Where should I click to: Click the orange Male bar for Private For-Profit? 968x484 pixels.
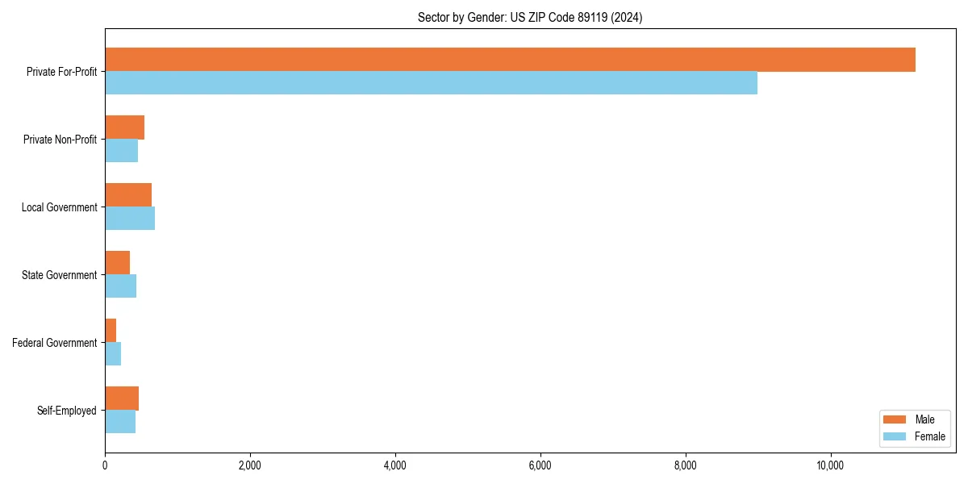(x=510, y=60)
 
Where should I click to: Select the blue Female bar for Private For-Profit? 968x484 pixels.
(x=431, y=83)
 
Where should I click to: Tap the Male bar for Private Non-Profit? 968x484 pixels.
(x=124, y=127)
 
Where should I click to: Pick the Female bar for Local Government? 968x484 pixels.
(x=130, y=219)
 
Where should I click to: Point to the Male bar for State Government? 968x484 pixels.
(x=117, y=263)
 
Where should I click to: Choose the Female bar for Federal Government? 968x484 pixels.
(x=113, y=354)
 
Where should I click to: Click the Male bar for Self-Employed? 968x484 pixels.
(x=122, y=398)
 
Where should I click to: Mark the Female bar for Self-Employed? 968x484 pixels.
(x=120, y=422)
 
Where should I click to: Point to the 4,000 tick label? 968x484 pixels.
(x=394, y=465)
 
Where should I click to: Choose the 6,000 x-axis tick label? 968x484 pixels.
(x=540, y=465)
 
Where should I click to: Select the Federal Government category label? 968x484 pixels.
(x=55, y=343)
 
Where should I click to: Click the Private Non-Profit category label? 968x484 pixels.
(x=60, y=140)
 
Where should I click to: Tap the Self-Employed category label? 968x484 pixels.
(x=67, y=411)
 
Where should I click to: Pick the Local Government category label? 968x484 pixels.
(x=59, y=207)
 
